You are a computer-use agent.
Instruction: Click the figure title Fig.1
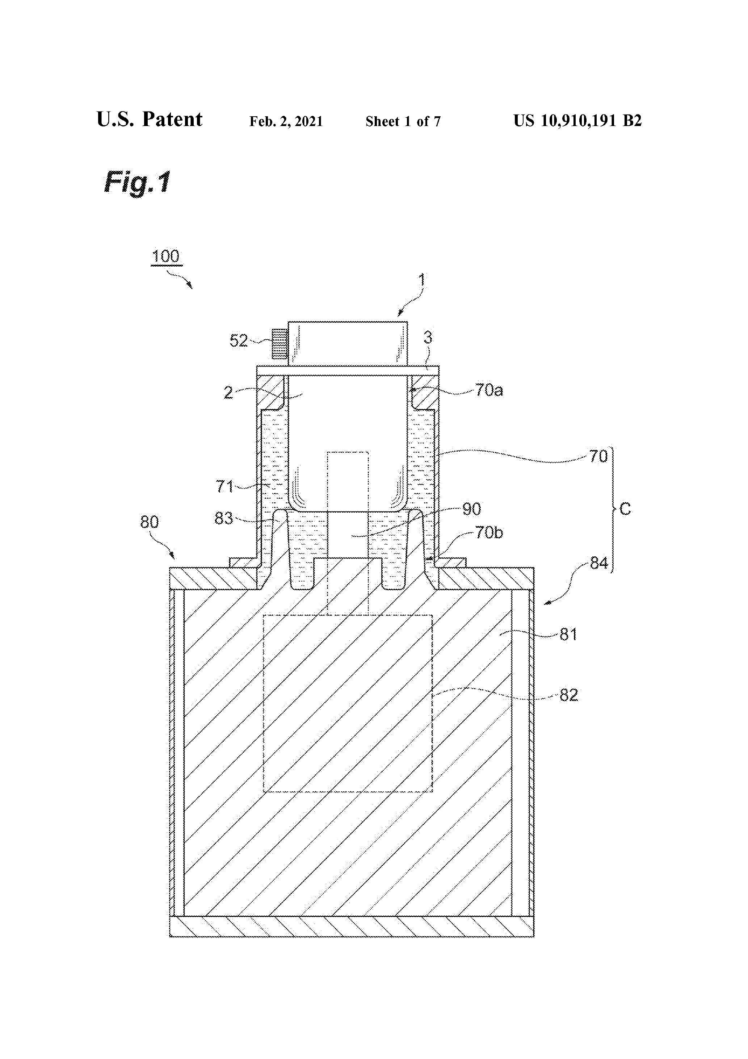[138, 182]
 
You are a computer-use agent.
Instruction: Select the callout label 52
[239, 341]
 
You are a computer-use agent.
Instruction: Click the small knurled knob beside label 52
[280, 344]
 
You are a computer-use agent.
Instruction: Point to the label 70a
[489, 391]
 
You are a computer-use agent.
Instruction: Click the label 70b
[489, 533]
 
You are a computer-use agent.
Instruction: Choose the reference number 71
[225, 487]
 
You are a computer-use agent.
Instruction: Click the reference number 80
[150, 522]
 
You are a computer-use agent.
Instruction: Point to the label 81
[568, 635]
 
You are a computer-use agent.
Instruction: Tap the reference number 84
[599, 563]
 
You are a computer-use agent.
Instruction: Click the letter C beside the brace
[625, 509]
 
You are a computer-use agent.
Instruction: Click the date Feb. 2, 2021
[286, 122]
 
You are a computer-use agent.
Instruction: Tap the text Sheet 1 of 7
[403, 122]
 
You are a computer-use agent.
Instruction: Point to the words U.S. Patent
[150, 120]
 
